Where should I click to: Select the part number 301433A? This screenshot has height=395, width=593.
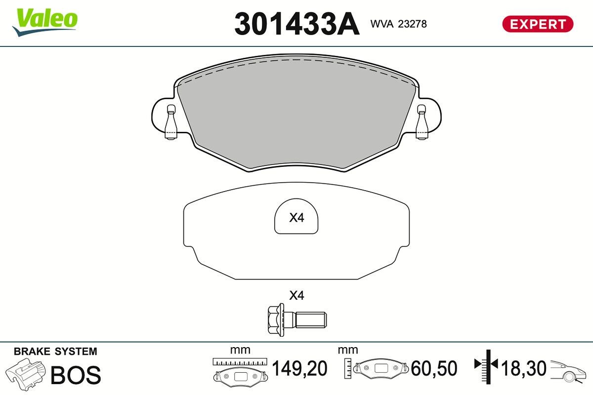pos(296,24)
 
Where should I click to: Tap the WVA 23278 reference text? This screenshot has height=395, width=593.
pos(398,23)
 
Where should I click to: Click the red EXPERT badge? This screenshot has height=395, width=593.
pos(538,24)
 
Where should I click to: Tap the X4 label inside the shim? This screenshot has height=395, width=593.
pos(296,217)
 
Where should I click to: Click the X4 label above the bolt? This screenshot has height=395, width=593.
pos(296,296)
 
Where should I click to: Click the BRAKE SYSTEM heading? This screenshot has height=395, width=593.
pos(55,352)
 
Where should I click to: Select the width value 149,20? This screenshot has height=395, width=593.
pos(300,368)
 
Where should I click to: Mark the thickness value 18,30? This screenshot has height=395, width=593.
pos(524,368)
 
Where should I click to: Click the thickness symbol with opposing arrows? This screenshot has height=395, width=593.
pos(487,365)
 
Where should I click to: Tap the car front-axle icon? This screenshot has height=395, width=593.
pos(568,370)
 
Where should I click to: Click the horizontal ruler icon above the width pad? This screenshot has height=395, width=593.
pos(240,362)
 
